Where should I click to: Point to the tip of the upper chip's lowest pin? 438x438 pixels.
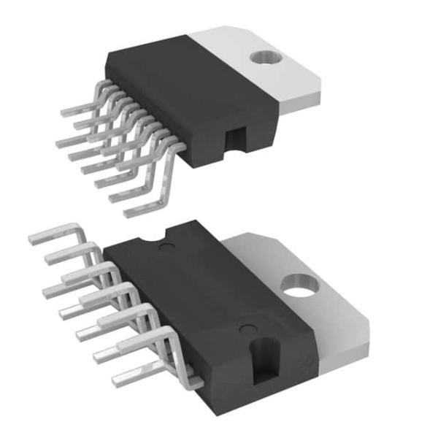128,213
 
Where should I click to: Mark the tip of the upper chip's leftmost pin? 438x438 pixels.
58,141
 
